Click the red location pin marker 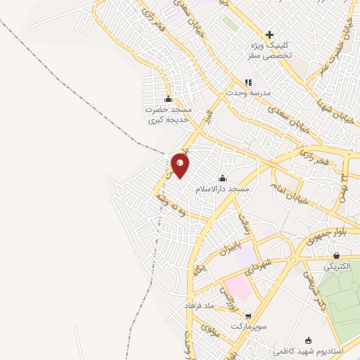181,165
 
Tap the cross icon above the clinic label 269,34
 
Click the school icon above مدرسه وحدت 247,82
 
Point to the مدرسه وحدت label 245,93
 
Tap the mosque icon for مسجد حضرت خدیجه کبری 167,98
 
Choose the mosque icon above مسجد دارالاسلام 223,178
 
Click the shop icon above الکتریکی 336,256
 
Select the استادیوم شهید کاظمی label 316,349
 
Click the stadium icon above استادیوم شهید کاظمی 308,339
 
